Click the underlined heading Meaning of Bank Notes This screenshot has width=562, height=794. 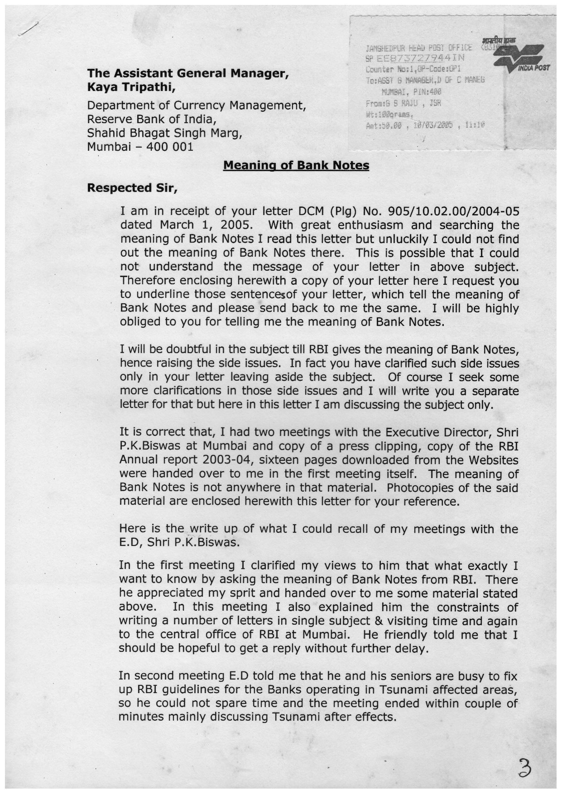click(296, 165)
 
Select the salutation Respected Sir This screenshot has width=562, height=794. click(132, 188)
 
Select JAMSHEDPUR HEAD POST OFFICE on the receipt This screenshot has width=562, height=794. click(418, 48)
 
